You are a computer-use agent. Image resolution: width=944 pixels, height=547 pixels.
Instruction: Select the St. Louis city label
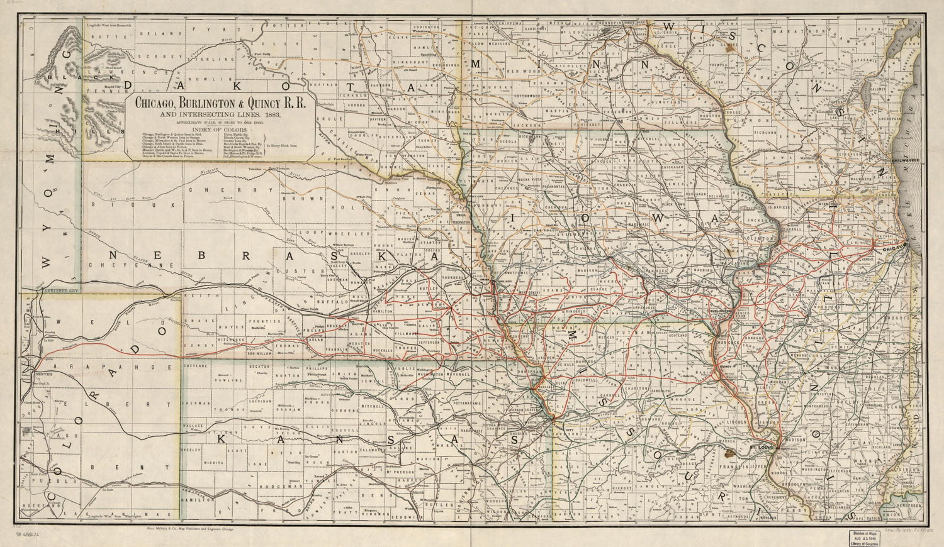point(761,446)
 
